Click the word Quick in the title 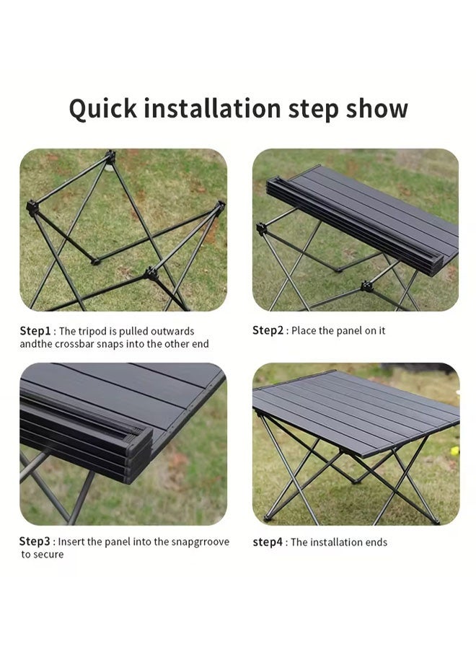click(x=102, y=109)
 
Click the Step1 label click(x=35, y=331)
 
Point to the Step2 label click(x=268, y=330)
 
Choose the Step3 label click(x=35, y=542)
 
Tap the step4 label click(x=268, y=542)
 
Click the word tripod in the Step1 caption click(x=92, y=332)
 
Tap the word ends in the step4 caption click(x=376, y=542)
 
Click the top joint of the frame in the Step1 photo click(x=110, y=156)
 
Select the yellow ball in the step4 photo click(x=454, y=451)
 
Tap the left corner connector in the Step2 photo click(x=261, y=228)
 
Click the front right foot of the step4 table click(x=435, y=521)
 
